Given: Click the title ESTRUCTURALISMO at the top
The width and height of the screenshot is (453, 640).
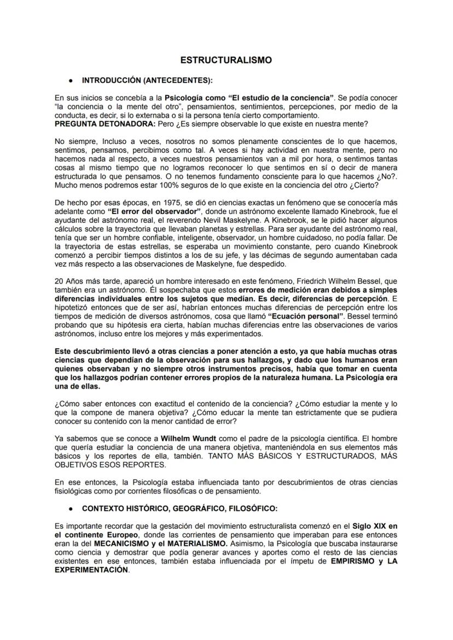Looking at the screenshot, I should pyautogui.click(x=226, y=60).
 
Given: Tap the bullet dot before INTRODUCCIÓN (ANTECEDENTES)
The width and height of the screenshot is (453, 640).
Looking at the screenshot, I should pyautogui.click(x=72, y=81).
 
